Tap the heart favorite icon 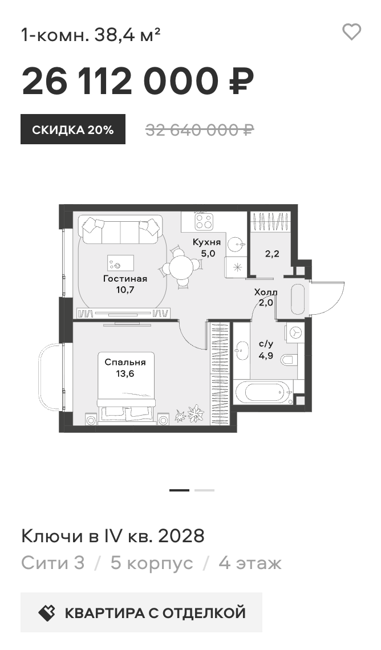pyautogui.click(x=351, y=32)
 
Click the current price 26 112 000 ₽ pyautogui.click(x=137, y=81)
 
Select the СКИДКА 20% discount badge pyautogui.click(x=73, y=129)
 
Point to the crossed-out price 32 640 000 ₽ pyautogui.click(x=200, y=130)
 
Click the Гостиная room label pyautogui.click(x=125, y=279)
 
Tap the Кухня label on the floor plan pyautogui.click(x=206, y=242)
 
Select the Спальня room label pyautogui.click(x=125, y=362)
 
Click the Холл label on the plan pyautogui.click(x=266, y=292)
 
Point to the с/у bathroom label pyautogui.click(x=266, y=344)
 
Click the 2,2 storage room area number pyautogui.click(x=272, y=254)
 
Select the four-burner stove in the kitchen pyautogui.click(x=204, y=221)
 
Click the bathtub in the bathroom pyautogui.click(x=264, y=392)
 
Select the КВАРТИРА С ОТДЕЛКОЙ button pyautogui.click(x=141, y=612)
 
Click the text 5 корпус pyautogui.click(x=152, y=563)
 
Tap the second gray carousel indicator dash pyautogui.click(x=204, y=490)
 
